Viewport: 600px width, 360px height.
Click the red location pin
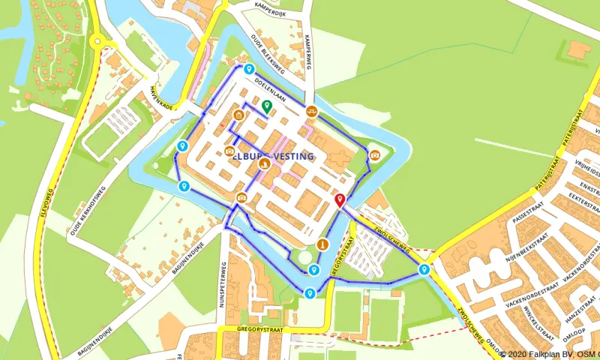tap(340, 199)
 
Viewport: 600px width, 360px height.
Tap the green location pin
tap(266, 105)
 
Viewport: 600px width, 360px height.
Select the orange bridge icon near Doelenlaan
tap(311, 111)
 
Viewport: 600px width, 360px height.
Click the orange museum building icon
tap(238, 115)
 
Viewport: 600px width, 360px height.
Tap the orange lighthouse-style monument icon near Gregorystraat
tap(322, 244)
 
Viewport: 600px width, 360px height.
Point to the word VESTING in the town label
tap(288, 157)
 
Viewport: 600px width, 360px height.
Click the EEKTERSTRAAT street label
tap(580, 196)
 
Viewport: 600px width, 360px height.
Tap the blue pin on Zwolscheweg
tap(424, 269)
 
